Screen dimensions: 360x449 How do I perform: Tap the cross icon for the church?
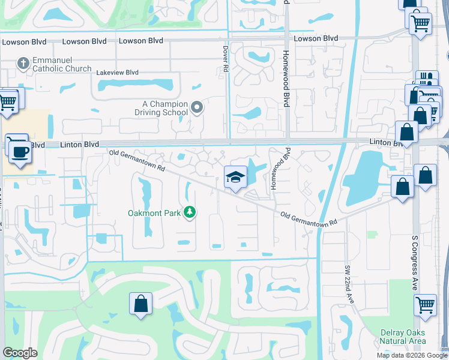[x=23, y=63]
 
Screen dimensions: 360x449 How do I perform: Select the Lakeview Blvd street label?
[x=117, y=72]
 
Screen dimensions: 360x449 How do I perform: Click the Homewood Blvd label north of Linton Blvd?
[x=286, y=78]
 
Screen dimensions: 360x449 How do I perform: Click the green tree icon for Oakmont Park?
[x=190, y=212]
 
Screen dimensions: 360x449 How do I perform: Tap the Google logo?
[x=20, y=353]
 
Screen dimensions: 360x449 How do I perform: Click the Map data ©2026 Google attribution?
[x=411, y=355]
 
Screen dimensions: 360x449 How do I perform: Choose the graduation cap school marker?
[x=236, y=177]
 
